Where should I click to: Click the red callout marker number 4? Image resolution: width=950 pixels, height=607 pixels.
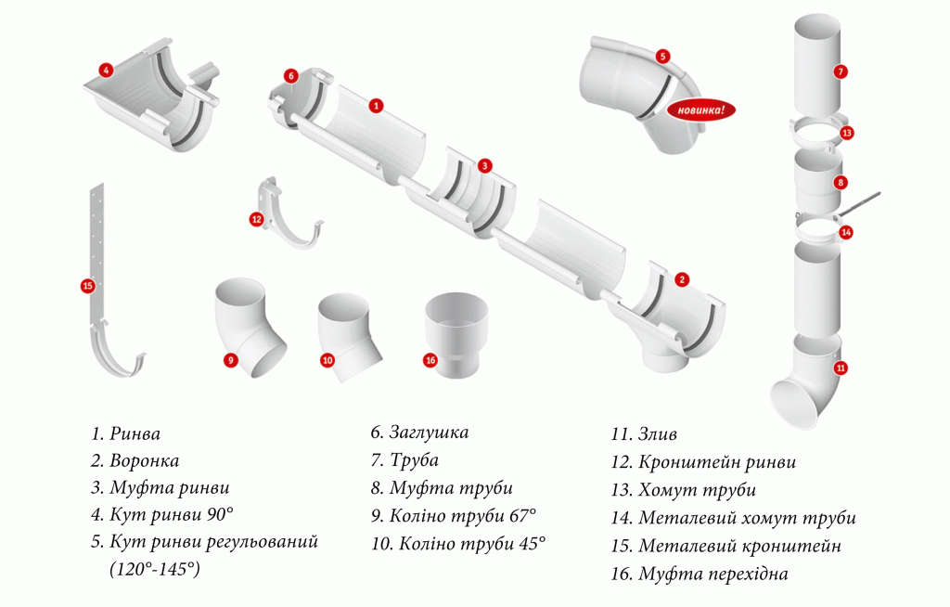106,71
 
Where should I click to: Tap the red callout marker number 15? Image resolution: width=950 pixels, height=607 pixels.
88,286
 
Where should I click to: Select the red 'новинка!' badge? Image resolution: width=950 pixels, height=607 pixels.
701,110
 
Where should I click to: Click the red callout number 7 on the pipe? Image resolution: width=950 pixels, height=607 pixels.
841,71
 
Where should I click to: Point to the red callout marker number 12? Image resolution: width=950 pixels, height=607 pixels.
256,219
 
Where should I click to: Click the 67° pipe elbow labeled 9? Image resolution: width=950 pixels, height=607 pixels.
250,326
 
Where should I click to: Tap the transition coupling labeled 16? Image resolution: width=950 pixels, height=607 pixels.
456,333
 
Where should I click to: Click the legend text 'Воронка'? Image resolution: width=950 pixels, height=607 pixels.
144,461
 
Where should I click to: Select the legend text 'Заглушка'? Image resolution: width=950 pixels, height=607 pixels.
429,433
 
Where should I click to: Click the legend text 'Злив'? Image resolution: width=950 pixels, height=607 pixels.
658,434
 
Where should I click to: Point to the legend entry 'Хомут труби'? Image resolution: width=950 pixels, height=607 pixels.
697,490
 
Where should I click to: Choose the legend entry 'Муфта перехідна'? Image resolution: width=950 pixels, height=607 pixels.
713,574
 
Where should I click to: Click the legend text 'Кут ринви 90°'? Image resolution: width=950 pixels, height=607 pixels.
172,515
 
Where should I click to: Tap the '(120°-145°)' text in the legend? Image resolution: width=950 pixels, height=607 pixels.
155,569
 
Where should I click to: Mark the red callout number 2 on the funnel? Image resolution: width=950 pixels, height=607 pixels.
682,279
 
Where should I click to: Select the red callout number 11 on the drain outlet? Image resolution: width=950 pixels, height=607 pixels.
841,368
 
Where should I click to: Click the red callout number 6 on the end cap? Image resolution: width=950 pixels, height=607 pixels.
291,76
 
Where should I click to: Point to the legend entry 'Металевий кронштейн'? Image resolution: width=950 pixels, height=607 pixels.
739,546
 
